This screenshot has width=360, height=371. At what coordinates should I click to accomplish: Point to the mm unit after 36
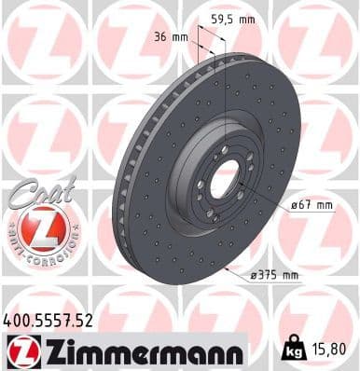point(181,37)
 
